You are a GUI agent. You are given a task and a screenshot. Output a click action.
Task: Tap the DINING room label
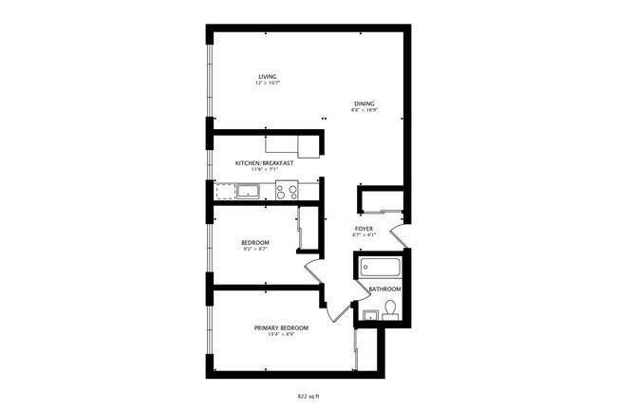(365, 103)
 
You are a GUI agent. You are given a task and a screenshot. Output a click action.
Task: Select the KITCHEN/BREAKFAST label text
(265, 163)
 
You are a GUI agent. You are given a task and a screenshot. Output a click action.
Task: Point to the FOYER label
(365, 229)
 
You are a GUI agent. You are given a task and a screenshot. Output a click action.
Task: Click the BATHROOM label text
(384, 289)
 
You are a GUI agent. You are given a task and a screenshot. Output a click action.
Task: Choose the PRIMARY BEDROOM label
(281, 327)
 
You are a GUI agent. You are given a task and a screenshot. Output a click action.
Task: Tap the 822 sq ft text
(308, 395)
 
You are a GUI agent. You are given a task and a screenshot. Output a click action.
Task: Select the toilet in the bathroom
(389, 308)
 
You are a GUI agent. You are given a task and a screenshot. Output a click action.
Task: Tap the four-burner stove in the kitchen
(287, 192)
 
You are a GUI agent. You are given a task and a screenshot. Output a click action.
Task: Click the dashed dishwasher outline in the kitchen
(225, 192)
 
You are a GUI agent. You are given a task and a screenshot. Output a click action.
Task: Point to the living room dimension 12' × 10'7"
(267, 84)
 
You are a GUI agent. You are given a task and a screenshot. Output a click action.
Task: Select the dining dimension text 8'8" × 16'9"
(365, 110)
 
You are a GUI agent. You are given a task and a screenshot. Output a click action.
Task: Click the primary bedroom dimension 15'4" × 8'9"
(281, 334)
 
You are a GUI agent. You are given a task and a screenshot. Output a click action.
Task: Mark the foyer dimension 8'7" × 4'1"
(365, 235)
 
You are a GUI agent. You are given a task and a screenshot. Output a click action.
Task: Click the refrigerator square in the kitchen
(308, 146)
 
